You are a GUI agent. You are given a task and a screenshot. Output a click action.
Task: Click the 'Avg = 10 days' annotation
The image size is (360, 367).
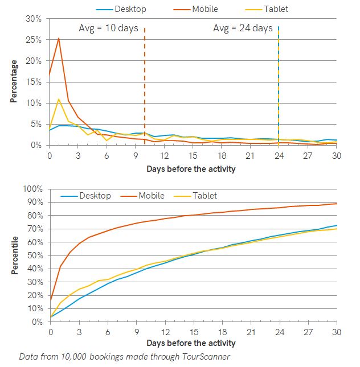[x=108, y=28]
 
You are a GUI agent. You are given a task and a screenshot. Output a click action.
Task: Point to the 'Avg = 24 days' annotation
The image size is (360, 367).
[x=243, y=28]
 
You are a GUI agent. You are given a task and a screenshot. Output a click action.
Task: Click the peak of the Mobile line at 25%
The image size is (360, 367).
[x=59, y=38]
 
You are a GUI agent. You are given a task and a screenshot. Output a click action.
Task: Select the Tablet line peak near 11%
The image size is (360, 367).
[x=59, y=99]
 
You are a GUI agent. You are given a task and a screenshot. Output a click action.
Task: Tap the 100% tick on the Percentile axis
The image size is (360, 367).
[x=32, y=188]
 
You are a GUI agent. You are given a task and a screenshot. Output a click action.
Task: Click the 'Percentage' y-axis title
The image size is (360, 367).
[x=14, y=81]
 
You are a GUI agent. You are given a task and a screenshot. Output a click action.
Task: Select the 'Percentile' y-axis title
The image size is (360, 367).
[x=14, y=254]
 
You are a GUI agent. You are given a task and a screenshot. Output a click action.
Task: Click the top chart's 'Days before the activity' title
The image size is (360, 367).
[x=191, y=169]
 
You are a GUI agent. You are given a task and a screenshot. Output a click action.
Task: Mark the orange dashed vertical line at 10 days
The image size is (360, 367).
[x=145, y=85]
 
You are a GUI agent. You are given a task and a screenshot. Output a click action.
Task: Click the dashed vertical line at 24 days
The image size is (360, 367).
[x=279, y=85]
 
